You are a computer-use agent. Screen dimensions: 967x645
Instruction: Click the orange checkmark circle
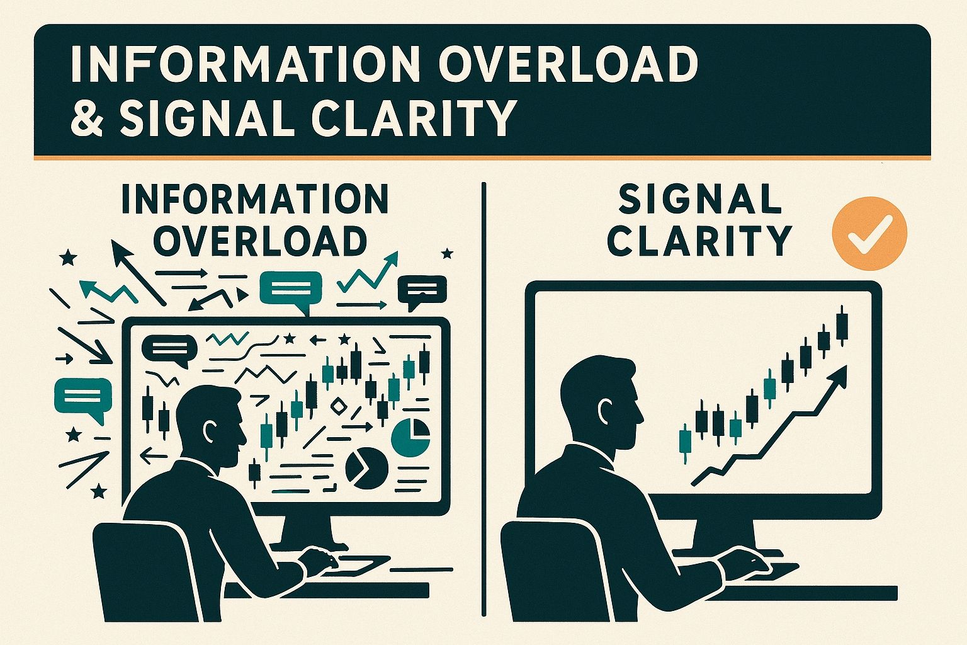click(x=869, y=232)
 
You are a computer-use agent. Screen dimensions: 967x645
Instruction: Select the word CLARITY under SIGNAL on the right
click(x=699, y=239)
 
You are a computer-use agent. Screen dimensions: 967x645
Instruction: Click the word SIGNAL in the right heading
click(x=699, y=200)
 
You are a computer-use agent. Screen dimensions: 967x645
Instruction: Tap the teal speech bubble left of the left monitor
click(x=82, y=399)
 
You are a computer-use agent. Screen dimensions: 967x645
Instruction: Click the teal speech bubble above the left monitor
click(x=291, y=290)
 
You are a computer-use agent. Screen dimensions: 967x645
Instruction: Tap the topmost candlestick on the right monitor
click(x=842, y=324)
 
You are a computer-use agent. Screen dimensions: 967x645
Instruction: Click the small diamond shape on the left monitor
click(x=339, y=406)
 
